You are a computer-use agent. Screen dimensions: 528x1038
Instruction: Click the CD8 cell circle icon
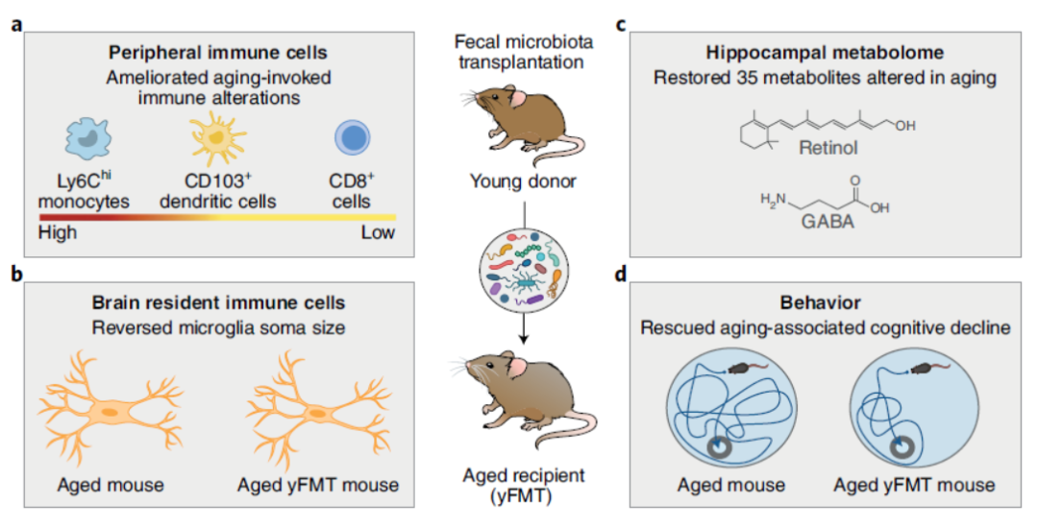351,136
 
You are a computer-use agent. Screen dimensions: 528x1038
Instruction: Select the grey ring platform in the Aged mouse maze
720,444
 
